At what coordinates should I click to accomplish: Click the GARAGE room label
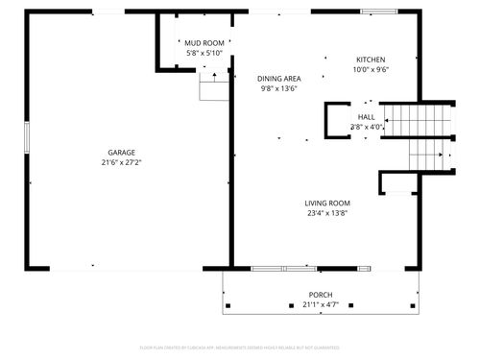(x=121, y=153)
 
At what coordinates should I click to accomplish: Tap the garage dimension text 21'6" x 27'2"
(x=121, y=162)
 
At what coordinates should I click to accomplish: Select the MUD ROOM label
(x=204, y=43)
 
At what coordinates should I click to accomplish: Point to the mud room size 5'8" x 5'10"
(x=204, y=54)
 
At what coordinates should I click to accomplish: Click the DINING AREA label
(x=278, y=79)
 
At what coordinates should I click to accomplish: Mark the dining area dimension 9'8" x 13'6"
(x=278, y=88)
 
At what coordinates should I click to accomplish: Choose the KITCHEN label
(x=371, y=60)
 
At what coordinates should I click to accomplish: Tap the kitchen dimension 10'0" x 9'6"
(x=371, y=69)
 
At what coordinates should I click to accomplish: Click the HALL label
(x=367, y=116)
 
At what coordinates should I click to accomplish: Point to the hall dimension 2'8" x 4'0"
(x=367, y=126)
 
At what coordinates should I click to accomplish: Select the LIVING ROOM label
(x=327, y=204)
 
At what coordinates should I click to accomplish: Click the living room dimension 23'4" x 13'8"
(x=327, y=213)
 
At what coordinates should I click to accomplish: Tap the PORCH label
(x=321, y=295)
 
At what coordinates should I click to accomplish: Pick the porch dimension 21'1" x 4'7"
(x=321, y=305)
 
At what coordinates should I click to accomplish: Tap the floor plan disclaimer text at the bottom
(x=240, y=347)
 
